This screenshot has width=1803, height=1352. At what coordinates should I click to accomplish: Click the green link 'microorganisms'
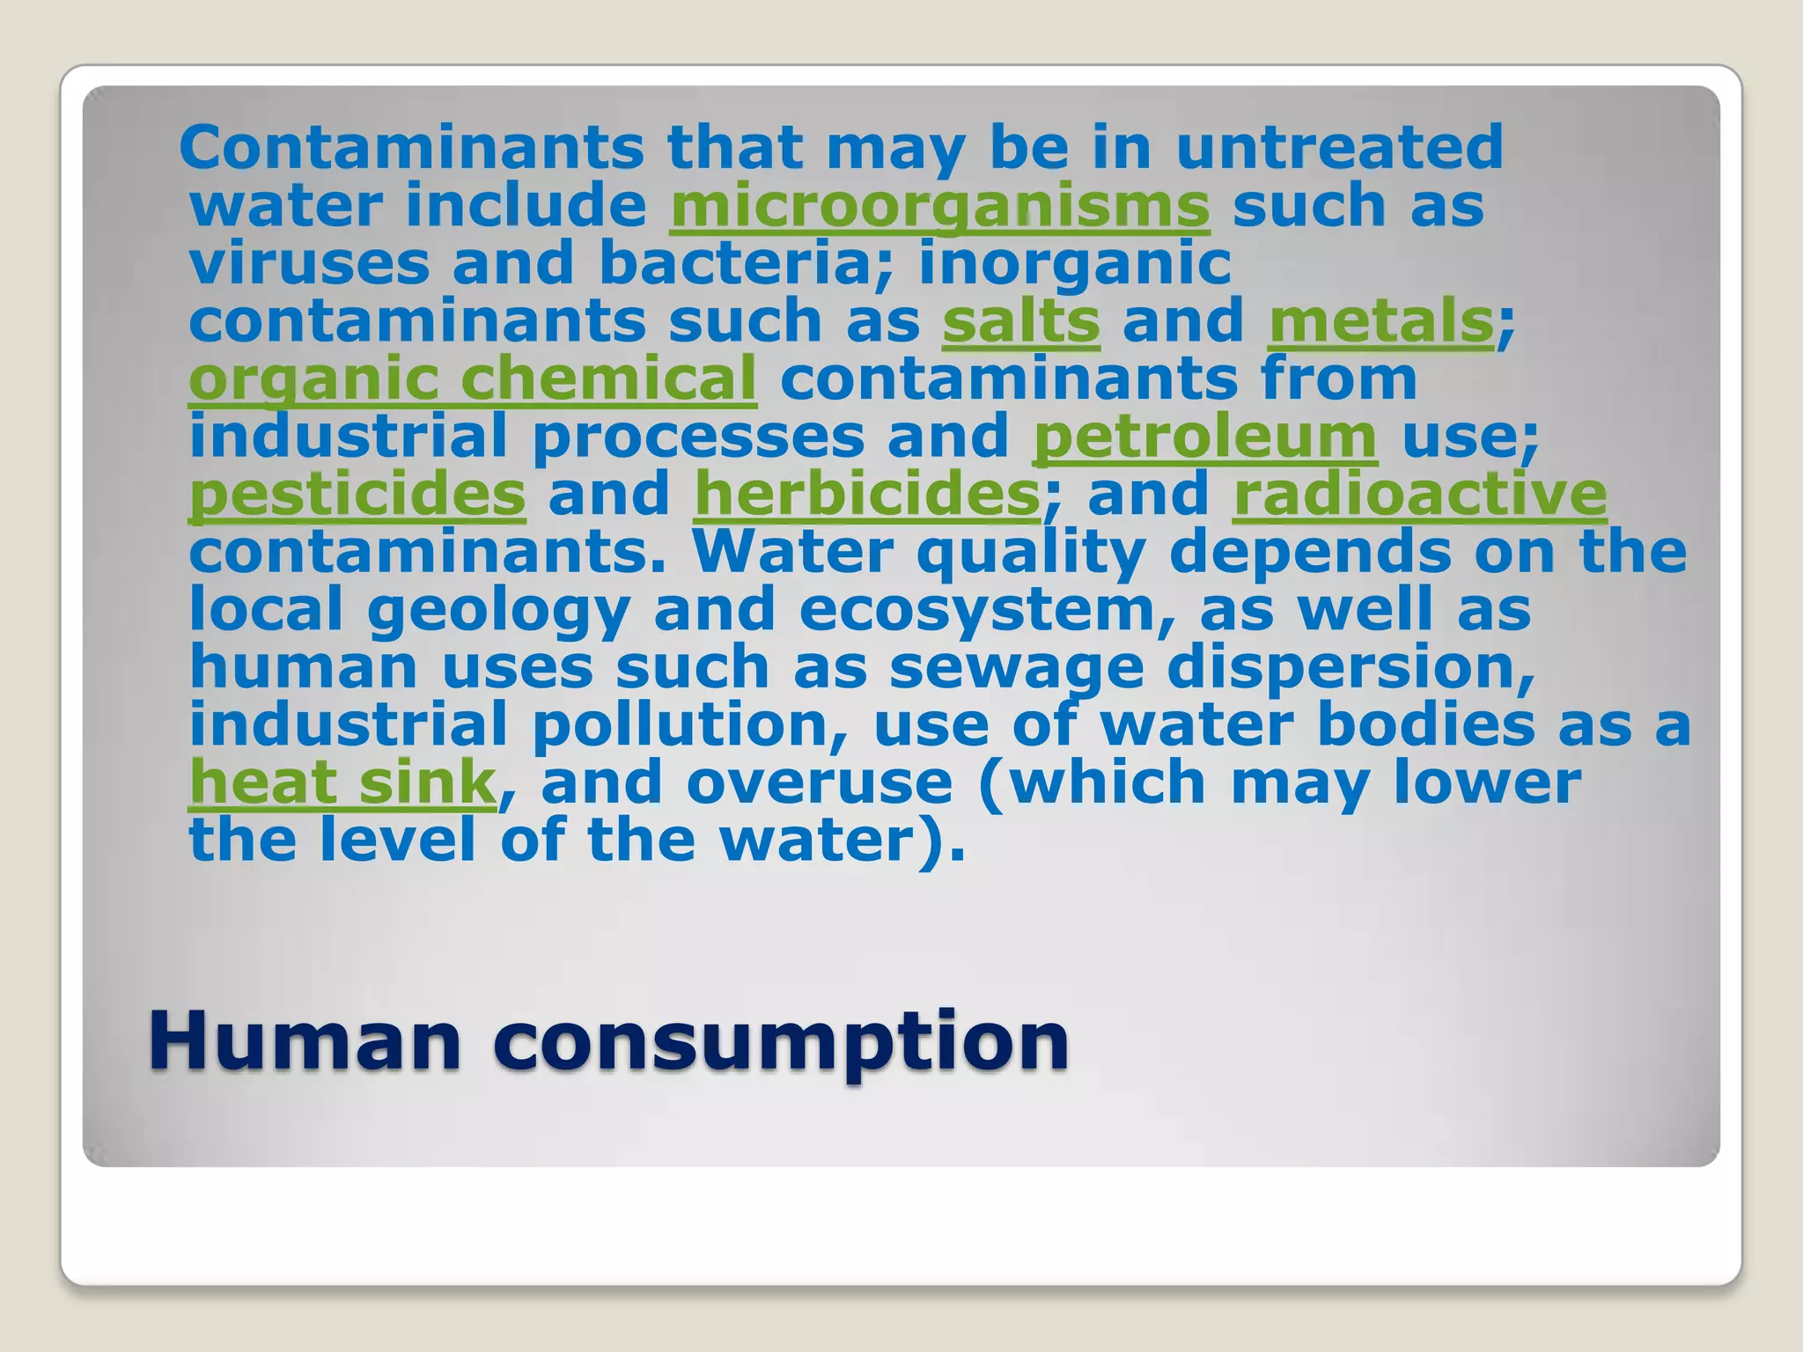pyautogui.click(x=939, y=207)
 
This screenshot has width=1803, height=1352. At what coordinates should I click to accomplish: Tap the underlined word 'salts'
pyautogui.click(x=1020, y=321)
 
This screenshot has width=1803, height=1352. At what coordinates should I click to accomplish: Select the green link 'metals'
pyautogui.click(x=1380, y=321)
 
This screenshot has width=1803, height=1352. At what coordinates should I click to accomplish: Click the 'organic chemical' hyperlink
pyautogui.click(x=473, y=379)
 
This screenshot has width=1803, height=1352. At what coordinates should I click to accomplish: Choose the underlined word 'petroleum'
pyautogui.click(x=1204, y=437)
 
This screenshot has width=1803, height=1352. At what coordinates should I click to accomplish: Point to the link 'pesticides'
pyautogui.click(x=357, y=495)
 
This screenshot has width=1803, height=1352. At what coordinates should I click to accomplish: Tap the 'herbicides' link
pyautogui.click(x=867, y=495)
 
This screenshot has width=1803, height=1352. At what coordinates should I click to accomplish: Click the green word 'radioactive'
pyautogui.click(x=1420, y=495)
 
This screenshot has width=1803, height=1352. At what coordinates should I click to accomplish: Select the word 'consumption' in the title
pyautogui.click(x=781, y=1043)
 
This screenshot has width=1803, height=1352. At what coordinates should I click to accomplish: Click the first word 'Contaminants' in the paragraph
pyautogui.click(x=411, y=147)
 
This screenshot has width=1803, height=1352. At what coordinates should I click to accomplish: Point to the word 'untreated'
pyautogui.click(x=1339, y=147)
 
